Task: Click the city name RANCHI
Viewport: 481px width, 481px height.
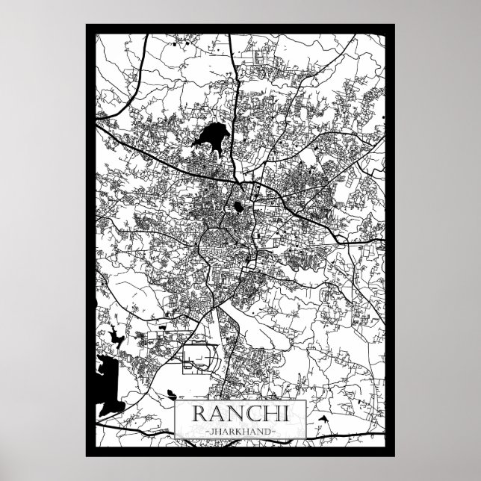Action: [x=241, y=415]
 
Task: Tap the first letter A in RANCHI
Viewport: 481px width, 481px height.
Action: [x=217, y=415]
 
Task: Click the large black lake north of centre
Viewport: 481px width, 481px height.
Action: [x=212, y=137]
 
